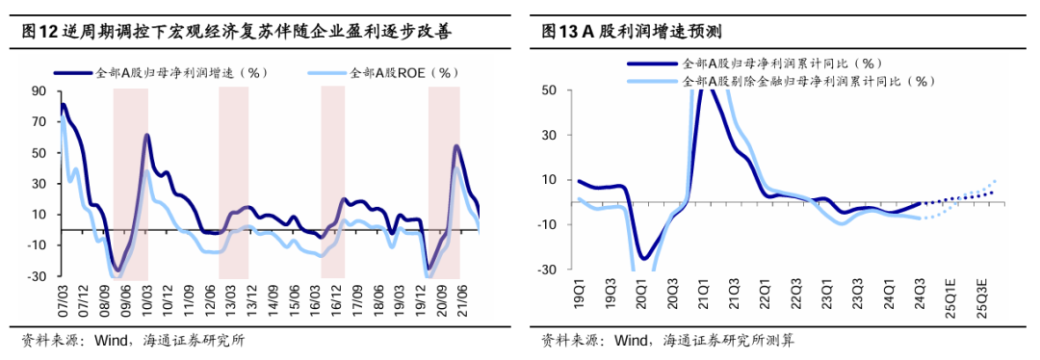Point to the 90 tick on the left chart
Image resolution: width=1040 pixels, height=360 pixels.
click(x=39, y=91)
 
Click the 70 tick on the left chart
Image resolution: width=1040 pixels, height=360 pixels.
click(x=39, y=122)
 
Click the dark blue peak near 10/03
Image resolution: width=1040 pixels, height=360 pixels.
click(x=147, y=135)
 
